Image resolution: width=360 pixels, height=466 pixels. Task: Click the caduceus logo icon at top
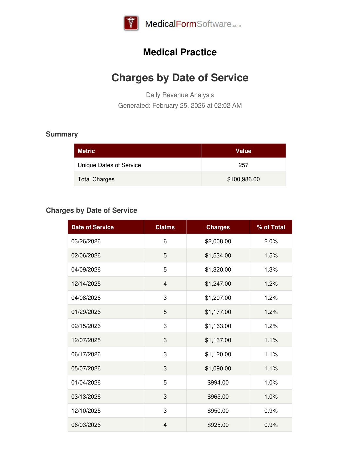131,23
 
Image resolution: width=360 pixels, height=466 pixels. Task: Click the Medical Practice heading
180,52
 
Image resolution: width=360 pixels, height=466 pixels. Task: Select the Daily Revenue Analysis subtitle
180,95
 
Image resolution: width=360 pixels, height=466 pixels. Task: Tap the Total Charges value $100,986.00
243,179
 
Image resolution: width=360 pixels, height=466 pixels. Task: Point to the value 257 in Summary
243,165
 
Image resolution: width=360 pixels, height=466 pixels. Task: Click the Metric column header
86,151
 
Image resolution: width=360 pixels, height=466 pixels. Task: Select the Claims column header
165,227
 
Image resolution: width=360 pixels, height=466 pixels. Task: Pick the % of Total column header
271,227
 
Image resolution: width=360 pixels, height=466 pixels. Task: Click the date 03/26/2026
86,241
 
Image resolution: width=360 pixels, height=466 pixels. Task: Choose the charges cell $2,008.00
218,241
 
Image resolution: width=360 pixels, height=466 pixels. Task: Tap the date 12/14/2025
86,284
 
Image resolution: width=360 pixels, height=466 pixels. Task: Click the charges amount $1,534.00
218,255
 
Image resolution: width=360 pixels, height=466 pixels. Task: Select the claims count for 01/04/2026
165,382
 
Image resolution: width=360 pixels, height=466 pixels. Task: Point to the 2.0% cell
271,241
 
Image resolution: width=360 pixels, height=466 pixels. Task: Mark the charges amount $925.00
218,425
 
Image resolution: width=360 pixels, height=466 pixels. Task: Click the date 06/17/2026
86,354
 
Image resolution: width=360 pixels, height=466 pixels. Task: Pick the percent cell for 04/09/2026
271,269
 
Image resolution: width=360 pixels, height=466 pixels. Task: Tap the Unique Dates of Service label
109,165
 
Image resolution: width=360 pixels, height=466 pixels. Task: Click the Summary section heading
62,134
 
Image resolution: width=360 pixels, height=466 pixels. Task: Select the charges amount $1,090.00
218,368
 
